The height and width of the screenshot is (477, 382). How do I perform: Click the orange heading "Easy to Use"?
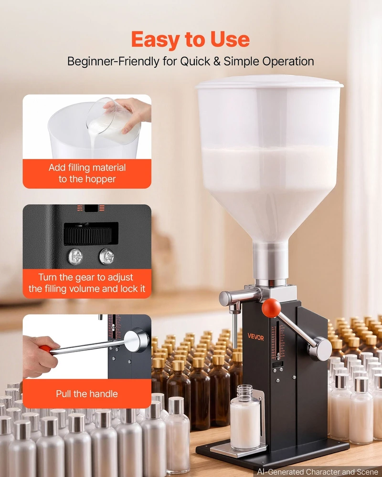pyautogui.click(x=191, y=40)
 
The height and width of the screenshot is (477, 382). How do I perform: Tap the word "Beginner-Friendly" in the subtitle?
pyautogui.click(x=113, y=62)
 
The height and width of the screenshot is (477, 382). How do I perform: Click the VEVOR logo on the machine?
pyautogui.click(x=255, y=336)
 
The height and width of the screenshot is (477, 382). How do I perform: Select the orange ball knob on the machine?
pyautogui.click(x=271, y=308)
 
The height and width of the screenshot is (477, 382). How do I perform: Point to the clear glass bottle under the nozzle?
pyautogui.click(x=245, y=417)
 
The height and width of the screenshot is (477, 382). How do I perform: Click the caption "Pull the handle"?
pyautogui.click(x=87, y=394)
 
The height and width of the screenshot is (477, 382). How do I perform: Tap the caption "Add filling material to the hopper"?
pyautogui.click(x=87, y=173)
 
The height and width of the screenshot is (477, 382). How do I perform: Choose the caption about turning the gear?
pyautogui.click(x=87, y=283)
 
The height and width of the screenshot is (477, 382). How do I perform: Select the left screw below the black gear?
pyautogui.click(x=75, y=256)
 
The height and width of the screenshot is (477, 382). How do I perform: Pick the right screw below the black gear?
pyautogui.click(x=107, y=256)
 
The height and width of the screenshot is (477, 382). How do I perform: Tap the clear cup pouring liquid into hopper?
pyautogui.click(x=113, y=121)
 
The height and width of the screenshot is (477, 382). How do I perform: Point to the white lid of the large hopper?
pyautogui.click(x=269, y=82)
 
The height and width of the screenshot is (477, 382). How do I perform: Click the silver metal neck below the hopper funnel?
pyautogui.click(x=270, y=263)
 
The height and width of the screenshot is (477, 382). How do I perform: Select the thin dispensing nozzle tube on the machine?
pyautogui.click(x=234, y=330)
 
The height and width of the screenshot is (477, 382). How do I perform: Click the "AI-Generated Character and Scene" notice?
pyautogui.click(x=318, y=472)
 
